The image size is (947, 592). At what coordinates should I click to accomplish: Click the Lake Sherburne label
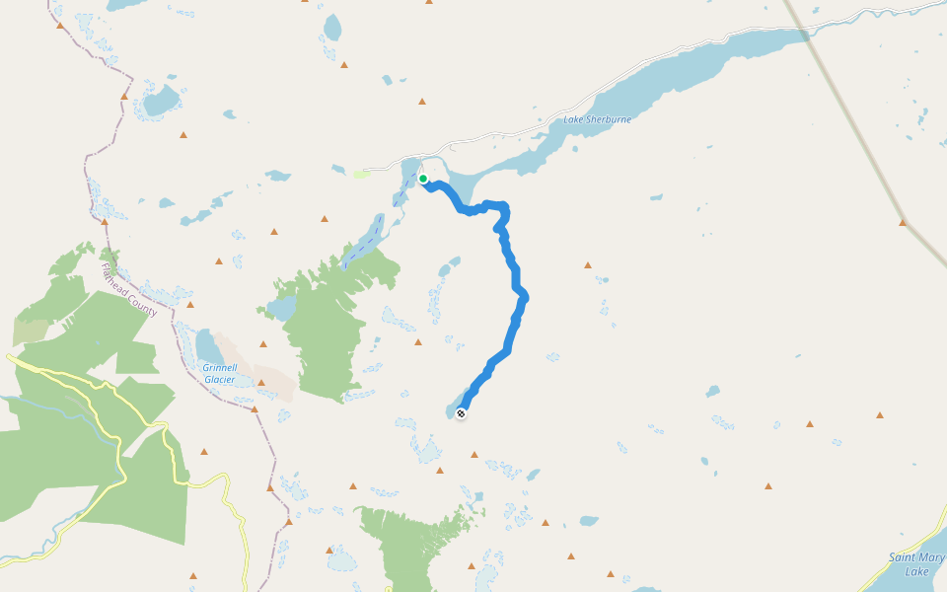click(597, 119)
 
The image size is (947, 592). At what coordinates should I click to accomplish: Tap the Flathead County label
click(129, 289)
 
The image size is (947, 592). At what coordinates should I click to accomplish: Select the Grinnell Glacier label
click(219, 372)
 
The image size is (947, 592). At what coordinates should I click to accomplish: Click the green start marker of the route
click(423, 179)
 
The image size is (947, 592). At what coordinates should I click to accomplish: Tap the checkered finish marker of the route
click(461, 413)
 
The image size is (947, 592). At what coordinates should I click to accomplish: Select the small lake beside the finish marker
click(451, 408)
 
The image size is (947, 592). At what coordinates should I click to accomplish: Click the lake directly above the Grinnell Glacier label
click(208, 346)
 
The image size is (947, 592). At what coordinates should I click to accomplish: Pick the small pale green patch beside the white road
click(362, 175)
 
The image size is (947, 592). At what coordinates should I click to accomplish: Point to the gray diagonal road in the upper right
click(848, 118)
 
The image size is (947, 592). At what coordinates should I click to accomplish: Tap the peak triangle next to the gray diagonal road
click(903, 223)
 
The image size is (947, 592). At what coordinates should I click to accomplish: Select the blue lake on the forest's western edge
click(281, 309)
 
